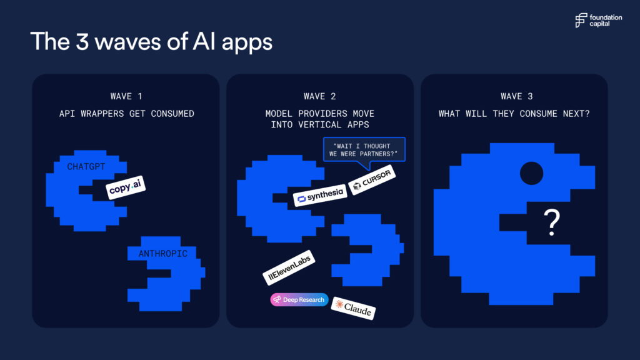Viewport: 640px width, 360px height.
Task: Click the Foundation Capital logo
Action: (598, 21)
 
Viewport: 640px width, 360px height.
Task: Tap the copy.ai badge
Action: (126, 187)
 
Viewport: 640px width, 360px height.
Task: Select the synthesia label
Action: (320, 196)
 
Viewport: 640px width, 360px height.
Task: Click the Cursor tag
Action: (372, 179)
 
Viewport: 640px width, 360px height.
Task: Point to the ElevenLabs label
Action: (289, 267)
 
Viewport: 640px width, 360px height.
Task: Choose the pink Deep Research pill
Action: (299, 299)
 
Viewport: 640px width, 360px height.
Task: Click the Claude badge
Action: (353, 308)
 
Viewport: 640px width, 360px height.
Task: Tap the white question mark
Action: (552, 222)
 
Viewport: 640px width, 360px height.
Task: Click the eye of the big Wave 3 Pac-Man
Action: (531, 173)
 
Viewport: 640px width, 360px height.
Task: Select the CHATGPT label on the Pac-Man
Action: (86, 166)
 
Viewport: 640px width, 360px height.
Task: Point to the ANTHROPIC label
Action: (163, 254)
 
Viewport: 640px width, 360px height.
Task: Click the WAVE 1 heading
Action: (126, 96)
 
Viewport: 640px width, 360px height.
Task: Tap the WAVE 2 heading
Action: (319, 96)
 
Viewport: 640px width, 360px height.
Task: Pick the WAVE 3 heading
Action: (517, 96)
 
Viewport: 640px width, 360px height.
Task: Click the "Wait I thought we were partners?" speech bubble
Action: (364, 150)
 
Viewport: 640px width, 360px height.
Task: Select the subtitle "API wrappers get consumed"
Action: (126, 114)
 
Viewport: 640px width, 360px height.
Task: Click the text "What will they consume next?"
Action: (514, 114)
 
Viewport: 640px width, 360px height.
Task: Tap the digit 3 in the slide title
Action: (82, 42)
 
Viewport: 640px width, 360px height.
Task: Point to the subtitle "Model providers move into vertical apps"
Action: (320, 119)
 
